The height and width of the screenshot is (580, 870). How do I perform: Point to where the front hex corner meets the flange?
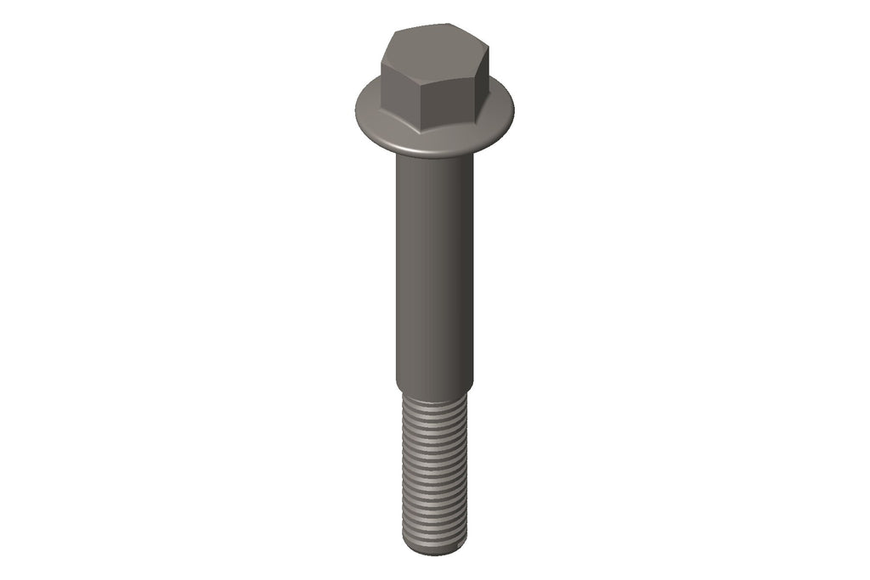(422, 132)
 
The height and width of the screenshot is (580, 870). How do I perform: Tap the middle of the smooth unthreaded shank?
(433, 272)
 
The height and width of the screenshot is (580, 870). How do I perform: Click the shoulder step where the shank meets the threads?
(433, 391)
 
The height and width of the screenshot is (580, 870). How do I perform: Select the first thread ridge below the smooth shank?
(433, 403)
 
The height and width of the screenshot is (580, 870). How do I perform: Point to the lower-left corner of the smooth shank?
(395, 384)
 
